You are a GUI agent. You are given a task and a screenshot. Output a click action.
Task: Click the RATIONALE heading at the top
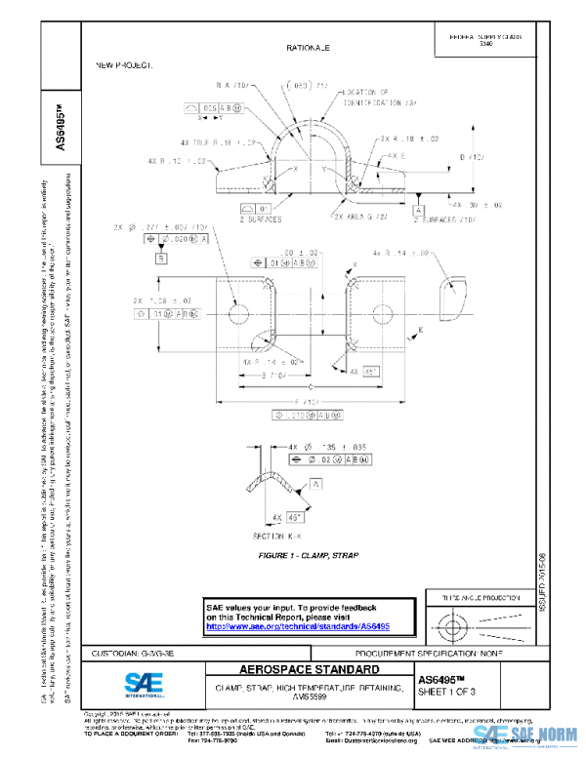[308, 47]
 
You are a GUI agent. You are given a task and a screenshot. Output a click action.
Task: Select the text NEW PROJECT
[123, 64]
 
